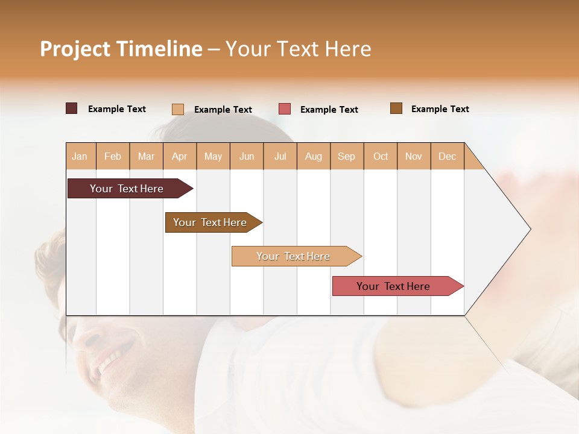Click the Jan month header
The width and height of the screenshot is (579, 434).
(x=80, y=156)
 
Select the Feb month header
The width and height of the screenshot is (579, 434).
(x=113, y=156)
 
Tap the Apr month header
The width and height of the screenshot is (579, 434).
(x=179, y=156)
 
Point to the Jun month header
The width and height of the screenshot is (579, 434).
(x=247, y=156)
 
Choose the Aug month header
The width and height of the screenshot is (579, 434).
(x=313, y=156)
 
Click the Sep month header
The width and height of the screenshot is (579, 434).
(x=346, y=156)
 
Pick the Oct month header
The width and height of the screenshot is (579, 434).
(x=381, y=156)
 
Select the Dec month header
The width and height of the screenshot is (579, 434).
(x=447, y=156)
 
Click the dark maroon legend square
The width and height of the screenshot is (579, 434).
(x=72, y=108)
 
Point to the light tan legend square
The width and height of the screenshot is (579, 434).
(x=178, y=109)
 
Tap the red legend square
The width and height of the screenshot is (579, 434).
(x=285, y=109)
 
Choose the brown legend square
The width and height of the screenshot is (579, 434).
(x=396, y=108)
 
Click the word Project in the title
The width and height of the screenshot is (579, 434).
(x=75, y=49)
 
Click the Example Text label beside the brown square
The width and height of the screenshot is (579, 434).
(x=440, y=109)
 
